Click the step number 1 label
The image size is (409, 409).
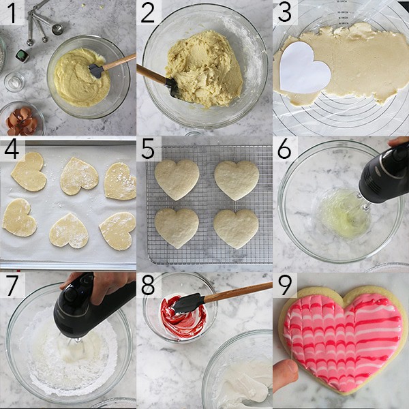pos(12,12)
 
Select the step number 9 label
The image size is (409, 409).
pos(286,286)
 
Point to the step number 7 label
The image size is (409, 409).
pos(12,286)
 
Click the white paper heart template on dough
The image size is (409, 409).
pos(304,67)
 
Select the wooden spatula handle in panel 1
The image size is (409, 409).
pos(119,62)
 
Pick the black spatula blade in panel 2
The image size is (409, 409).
pos(170,87)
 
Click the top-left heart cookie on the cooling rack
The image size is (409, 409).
pos(176,179)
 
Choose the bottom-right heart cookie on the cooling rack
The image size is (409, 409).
pos(236,228)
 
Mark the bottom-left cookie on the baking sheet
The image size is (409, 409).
pos(19,217)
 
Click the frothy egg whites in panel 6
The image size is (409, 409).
pos(341,215)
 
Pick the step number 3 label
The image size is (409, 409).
pos(286,12)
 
